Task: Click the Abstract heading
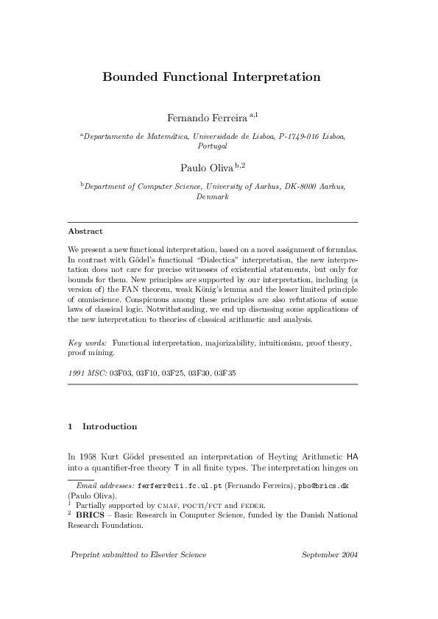85,231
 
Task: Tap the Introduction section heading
109,426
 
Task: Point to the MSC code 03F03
120,373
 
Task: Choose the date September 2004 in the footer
330,554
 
